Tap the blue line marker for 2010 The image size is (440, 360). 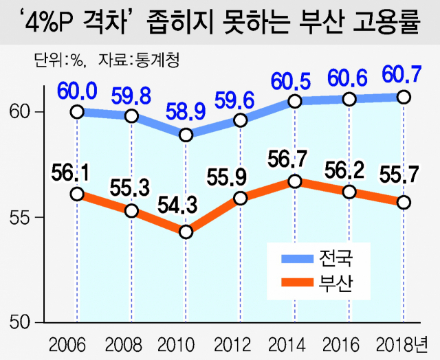pos(186,135)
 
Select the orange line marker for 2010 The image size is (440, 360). pos(186,232)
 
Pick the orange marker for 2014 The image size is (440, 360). pos(295,181)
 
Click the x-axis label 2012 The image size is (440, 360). pos(240,342)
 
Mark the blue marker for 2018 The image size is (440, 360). pos(404,97)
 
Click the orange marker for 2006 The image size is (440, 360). pos(77,194)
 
